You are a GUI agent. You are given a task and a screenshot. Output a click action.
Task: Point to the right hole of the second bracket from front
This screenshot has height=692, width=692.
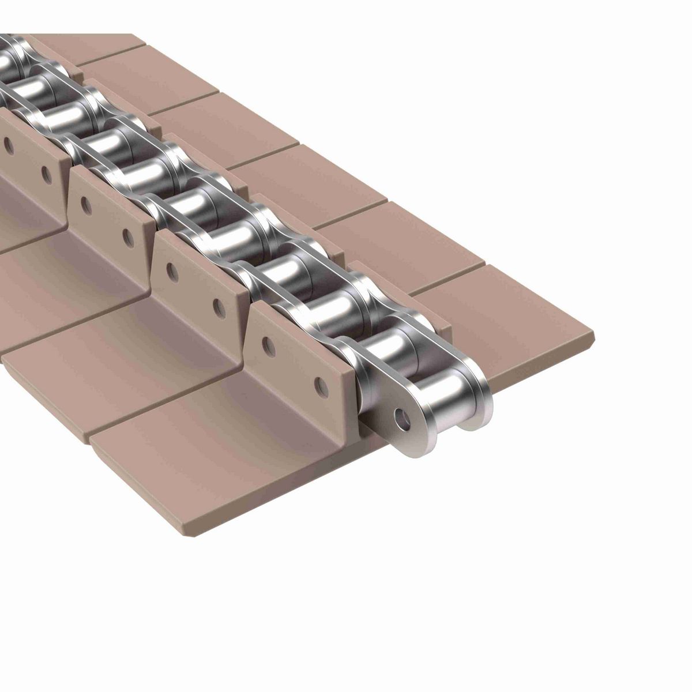click(x=219, y=306)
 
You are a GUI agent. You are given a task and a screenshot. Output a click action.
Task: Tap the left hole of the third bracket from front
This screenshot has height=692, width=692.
click(x=84, y=203)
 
